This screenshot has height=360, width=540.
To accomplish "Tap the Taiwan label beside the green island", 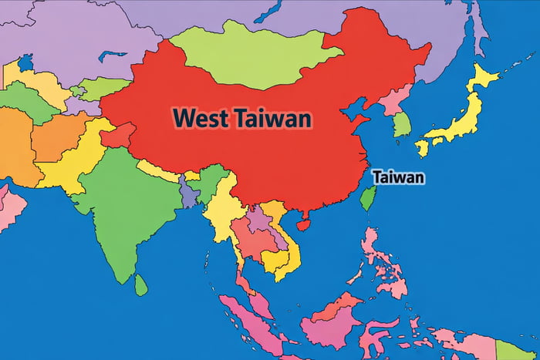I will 399,177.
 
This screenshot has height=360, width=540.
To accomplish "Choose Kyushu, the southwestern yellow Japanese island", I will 422,147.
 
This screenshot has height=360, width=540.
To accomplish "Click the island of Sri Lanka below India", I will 140,285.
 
